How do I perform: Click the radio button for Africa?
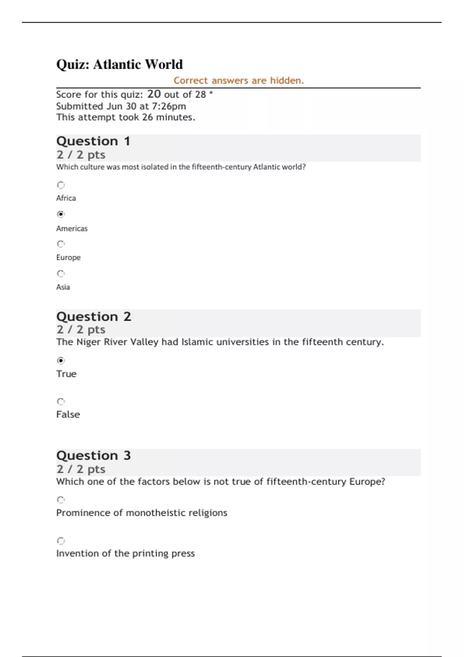(61, 185)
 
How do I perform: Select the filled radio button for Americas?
(61, 214)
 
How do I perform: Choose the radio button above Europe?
(61, 244)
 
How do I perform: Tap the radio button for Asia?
(61, 274)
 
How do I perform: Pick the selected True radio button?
(61, 361)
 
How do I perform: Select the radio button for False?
(61, 402)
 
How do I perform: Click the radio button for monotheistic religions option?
(61, 500)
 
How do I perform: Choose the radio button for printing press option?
(61, 541)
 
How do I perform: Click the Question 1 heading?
(93, 141)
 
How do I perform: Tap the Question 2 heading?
(94, 317)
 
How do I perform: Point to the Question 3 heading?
(94, 455)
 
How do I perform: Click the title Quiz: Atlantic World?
(119, 64)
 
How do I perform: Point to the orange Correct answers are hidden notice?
(239, 80)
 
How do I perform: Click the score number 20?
(154, 94)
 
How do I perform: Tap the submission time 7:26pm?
(169, 106)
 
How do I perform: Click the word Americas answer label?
(72, 228)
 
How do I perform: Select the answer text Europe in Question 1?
(68, 257)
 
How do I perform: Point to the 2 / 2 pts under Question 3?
(81, 469)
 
